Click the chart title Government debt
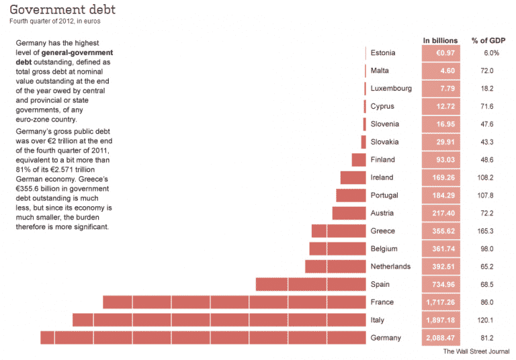click(62, 9)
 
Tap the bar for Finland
click(358, 159)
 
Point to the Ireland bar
click(353, 177)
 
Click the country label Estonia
click(383, 52)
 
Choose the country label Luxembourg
click(391, 88)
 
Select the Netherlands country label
click(390, 267)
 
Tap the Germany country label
click(386, 338)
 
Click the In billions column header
click(441, 40)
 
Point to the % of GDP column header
click(488, 40)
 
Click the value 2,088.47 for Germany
click(441, 338)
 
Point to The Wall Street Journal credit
click(476, 352)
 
